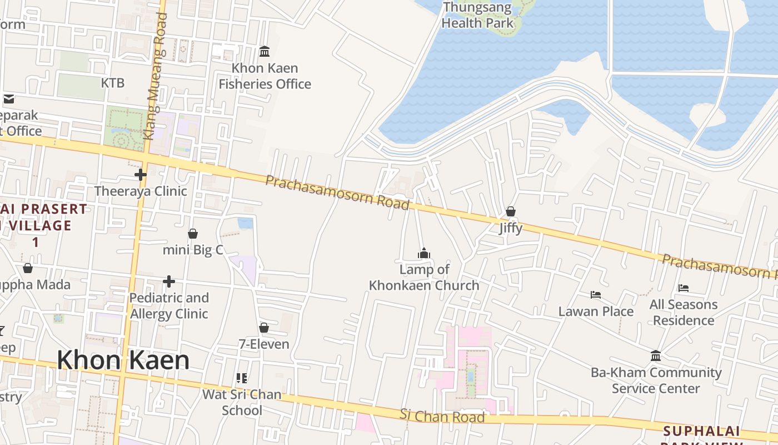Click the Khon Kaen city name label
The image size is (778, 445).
point(123,360)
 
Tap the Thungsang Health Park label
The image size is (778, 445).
point(478,15)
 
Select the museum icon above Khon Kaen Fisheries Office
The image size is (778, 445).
point(265,51)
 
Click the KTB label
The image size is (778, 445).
point(112,83)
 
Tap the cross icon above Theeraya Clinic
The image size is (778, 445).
point(141,175)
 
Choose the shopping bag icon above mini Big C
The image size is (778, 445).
point(193,234)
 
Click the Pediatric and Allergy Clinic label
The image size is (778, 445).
point(169,305)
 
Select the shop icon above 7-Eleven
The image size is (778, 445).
point(264,328)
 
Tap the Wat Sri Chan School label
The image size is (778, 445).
point(242,403)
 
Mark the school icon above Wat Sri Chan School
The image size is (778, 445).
point(242,378)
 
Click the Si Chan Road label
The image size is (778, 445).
point(442,416)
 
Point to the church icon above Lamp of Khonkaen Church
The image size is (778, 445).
point(424,254)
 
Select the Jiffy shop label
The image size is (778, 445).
point(511,228)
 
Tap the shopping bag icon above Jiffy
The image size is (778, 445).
point(511,211)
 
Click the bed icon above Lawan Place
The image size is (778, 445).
point(596,294)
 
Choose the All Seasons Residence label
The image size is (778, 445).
point(684,312)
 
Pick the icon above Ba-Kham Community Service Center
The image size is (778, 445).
point(656,355)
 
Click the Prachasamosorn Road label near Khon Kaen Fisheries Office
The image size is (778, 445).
point(337,192)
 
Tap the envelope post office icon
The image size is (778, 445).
point(8,99)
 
